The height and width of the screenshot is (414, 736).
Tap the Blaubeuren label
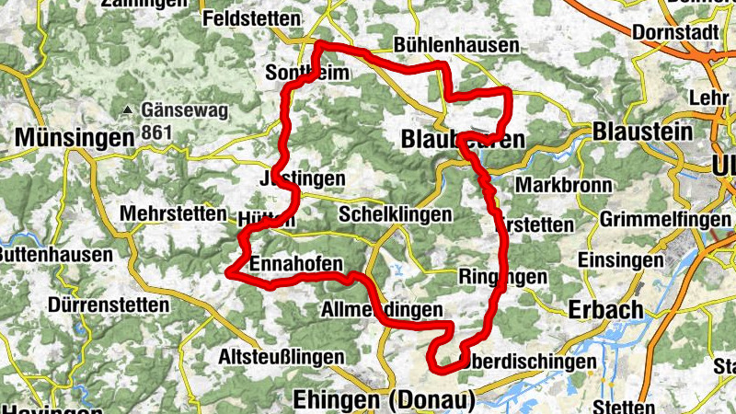click(x=463, y=140)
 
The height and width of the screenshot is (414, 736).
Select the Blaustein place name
click(x=643, y=132)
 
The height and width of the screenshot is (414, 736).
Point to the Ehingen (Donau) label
click(x=384, y=400)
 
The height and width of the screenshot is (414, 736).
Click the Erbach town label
click(x=606, y=309)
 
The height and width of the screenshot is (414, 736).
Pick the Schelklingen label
click(x=395, y=214)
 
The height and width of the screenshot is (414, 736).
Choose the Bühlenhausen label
click(x=455, y=45)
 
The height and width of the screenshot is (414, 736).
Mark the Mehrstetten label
click(x=173, y=213)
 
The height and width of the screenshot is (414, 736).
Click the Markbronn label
click(x=563, y=185)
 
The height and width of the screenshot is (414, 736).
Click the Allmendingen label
click(x=382, y=310)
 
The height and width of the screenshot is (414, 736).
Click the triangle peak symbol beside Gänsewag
click(x=128, y=111)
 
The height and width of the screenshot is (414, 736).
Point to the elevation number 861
click(x=158, y=132)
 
